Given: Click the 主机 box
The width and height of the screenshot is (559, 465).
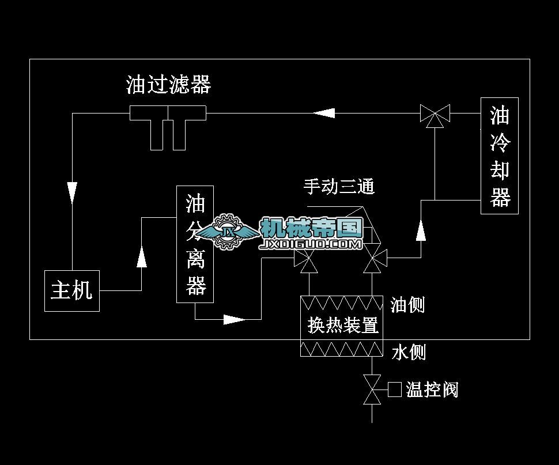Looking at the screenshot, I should (x=72, y=290).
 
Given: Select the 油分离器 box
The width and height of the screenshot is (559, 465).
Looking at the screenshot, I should (x=195, y=244).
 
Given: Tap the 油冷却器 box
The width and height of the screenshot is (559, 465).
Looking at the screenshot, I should (x=500, y=156).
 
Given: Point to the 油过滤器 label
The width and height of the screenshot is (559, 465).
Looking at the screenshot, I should (x=168, y=85).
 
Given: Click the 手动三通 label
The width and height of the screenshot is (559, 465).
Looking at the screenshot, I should (x=339, y=186).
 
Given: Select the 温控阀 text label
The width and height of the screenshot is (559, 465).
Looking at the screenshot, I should (x=432, y=390).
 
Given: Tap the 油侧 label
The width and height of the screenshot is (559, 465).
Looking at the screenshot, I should (x=407, y=304).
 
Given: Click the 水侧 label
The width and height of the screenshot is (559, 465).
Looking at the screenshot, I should (x=408, y=351).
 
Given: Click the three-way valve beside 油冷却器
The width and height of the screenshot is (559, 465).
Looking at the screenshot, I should (x=435, y=114).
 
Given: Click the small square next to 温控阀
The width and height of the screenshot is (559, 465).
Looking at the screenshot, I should (x=395, y=390).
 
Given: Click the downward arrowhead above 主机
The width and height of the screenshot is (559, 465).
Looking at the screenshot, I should (x=72, y=192).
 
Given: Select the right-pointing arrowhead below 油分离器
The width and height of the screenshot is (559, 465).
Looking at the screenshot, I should (x=234, y=319).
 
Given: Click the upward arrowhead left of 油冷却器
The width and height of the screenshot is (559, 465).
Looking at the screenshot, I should (x=421, y=230).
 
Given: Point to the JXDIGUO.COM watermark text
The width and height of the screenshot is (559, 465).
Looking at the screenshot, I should (x=311, y=245).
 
